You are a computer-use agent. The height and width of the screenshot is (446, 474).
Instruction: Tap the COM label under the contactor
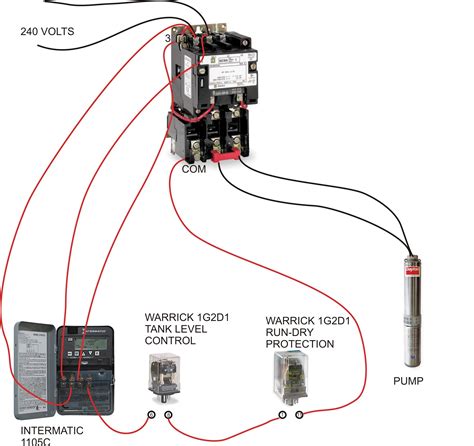(x=195, y=169)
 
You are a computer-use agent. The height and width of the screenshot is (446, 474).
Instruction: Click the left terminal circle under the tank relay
(x=152, y=413)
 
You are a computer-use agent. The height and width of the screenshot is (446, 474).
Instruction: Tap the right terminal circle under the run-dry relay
(x=299, y=413)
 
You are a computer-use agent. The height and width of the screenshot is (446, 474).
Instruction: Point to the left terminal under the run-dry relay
(x=283, y=413)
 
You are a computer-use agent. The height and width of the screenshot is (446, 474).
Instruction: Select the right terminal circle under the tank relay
(x=168, y=413)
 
